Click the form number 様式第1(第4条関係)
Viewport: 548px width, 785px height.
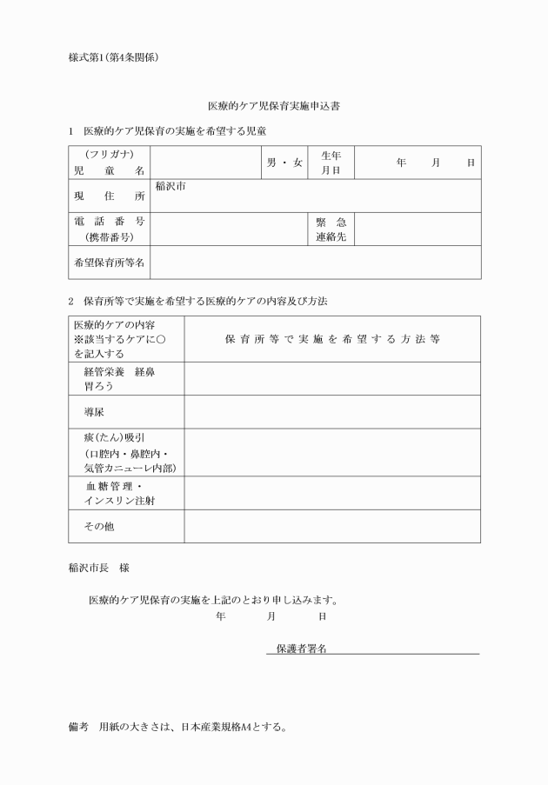(x=112, y=57)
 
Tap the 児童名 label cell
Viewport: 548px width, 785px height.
(x=110, y=163)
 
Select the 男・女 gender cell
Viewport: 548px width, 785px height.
(x=284, y=163)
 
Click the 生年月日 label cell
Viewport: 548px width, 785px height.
(x=331, y=163)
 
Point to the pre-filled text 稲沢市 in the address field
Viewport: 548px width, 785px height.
(x=170, y=186)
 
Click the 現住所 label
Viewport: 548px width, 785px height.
(x=110, y=196)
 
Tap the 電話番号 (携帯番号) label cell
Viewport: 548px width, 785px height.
(x=110, y=229)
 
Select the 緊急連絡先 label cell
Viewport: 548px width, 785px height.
(x=331, y=229)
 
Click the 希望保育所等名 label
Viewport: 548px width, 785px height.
(x=110, y=262)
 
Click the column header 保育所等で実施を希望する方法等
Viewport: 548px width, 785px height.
(x=331, y=339)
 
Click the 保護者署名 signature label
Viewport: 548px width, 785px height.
(x=301, y=648)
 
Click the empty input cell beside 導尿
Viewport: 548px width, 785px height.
(x=331, y=412)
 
